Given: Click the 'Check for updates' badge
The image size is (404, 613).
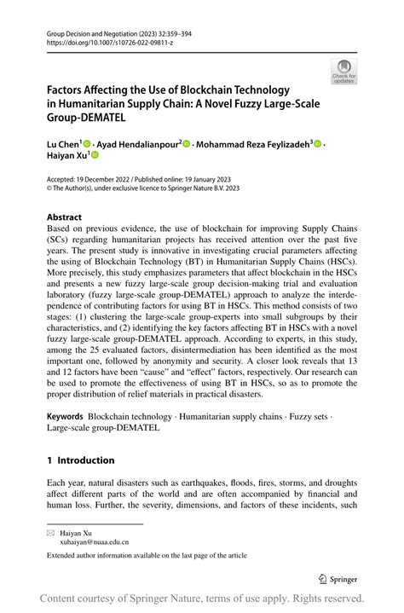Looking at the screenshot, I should point(343,71).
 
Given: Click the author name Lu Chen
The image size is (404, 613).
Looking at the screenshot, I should point(62,145).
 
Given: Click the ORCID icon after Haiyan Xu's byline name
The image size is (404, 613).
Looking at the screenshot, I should point(95,156).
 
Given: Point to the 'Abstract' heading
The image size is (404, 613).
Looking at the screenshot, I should point(65,217).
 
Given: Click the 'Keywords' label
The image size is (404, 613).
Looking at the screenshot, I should point(65,416).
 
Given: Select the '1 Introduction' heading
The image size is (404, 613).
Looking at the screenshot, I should point(80,460).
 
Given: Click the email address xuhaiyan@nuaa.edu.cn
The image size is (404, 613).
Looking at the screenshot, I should point(94,541).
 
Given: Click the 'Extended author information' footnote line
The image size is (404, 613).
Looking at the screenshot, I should point(147,555).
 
